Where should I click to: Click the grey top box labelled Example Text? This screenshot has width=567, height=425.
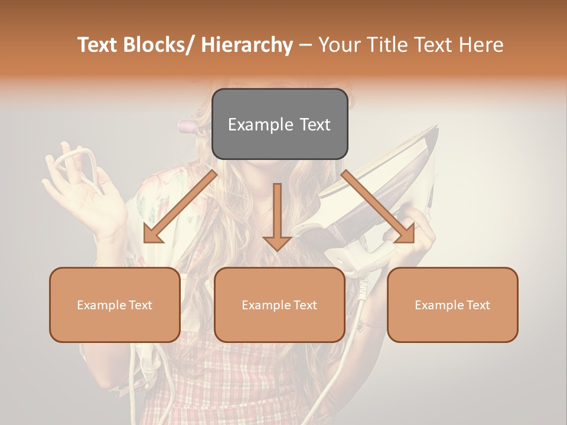pos(279,124)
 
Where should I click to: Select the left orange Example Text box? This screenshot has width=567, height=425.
pos(115,305)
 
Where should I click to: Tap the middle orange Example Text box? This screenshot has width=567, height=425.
pos(279,305)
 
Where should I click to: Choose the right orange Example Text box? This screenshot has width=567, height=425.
pos(452,305)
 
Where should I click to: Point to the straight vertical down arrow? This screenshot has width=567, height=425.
pos(277,216)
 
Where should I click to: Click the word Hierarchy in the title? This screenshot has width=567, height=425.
pos(246,45)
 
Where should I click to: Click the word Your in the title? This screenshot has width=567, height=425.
pos(340,45)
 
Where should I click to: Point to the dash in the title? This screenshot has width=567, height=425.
pos(305,45)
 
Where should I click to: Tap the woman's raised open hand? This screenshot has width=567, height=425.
pos(89,195)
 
